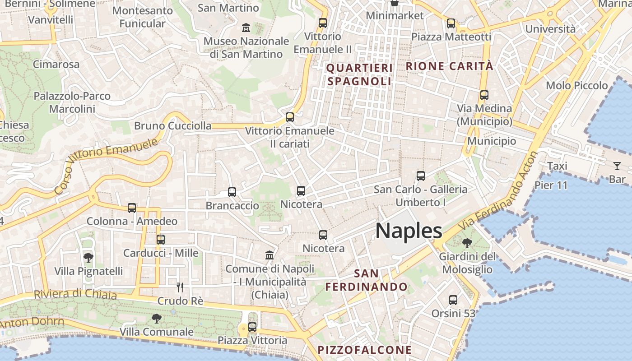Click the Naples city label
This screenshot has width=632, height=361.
pyautogui.click(x=409, y=231)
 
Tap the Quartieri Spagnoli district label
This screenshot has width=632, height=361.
pyautogui.click(x=359, y=74)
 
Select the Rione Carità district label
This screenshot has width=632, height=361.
pyautogui.click(x=449, y=66)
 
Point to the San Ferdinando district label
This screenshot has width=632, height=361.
pyautogui.click(x=367, y=280)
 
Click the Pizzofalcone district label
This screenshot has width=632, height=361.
pyautogui.click(x=365, y=350)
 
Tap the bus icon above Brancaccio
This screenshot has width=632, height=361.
pyautogui.click(x=232, y=192)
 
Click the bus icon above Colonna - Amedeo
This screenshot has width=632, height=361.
pyautogui.click(x=132, y=208)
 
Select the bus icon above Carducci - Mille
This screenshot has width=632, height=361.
pyautogui.click(x=161, y=240)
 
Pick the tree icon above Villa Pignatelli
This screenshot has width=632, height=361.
pyautogui.click(x=88, y=258)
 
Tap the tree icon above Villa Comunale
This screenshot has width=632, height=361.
pyautogui.click(x=156, y=319)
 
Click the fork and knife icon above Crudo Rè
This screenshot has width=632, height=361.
pyautogui.click(x=180, y=287)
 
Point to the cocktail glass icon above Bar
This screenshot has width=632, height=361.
pyautogui.click(x=617, y=166)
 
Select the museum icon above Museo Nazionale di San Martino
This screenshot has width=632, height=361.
pyautogui.click(x=246, y=28)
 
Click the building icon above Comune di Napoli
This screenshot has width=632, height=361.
pyautogui.click(x=270, y=255)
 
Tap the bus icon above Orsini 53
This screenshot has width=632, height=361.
pyautogui.click(x=453, y=300)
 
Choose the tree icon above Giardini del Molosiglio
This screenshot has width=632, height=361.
pyautogui.click(x=467, y=243)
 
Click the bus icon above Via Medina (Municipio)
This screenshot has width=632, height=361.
pyautogui.click(x=484, y=95)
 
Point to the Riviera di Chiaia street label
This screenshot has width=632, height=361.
pyautogui.click(x=75, y=294)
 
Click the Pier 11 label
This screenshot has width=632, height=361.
pyautogui.click(x=551, y=185)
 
